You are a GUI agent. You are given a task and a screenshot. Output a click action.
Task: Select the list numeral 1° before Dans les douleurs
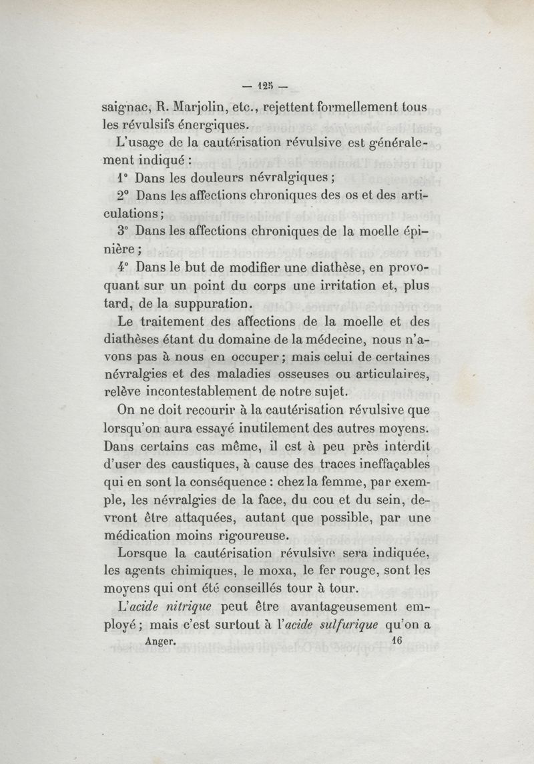coord(121,178)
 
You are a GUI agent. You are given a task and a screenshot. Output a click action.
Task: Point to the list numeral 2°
coord(121,197)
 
